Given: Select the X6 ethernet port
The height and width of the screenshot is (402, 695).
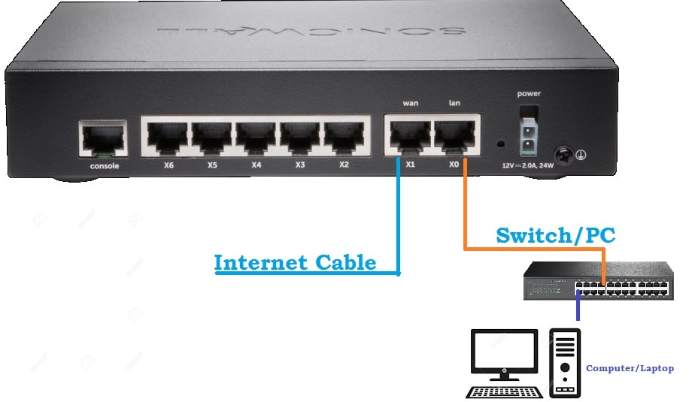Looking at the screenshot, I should click(x=168, y=136).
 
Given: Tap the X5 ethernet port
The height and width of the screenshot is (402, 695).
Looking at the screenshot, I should click(x=212, y=136).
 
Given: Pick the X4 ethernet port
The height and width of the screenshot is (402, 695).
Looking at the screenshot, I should click(x=256, y=136).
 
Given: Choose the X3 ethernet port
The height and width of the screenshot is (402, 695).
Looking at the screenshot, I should click(x=301, y=136).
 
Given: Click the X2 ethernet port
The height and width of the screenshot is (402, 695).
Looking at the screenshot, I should click(x=344, y=136).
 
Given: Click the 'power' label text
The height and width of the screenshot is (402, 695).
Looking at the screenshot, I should click(x=529, y=94).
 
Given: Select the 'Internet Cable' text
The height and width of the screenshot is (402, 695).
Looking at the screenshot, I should click(x=295, y=262).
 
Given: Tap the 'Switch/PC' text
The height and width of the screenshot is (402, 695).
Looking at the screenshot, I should click(x=555, y=235).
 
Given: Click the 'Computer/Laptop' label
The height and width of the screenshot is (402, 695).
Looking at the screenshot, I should click(x=630, y=368).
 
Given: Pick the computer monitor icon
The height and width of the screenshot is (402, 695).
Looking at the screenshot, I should click(x=504, y=353).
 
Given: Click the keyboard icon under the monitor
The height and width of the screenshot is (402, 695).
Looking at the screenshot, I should click(x=504, y=391).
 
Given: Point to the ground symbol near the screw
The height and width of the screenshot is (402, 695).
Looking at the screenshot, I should click(x=581, y=155).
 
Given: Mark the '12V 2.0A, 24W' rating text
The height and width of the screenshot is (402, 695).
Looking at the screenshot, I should click(x=528, y=165).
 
